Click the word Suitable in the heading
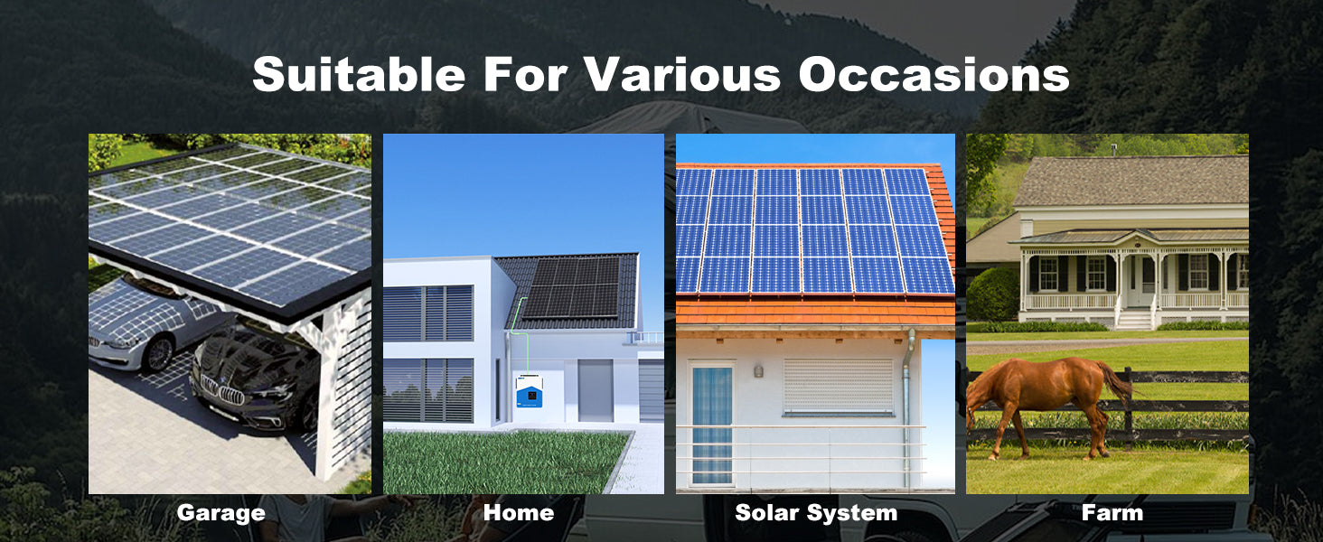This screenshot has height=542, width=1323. pyautogui.click(x=359, y=74)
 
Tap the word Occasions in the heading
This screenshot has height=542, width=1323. pyautogui.click(x=934, y=74)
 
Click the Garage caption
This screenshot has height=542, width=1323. pyautogui.click(x=220, y=513)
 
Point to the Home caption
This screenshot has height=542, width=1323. pyautogui.click(x=519, y=512)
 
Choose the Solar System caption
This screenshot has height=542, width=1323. pyautogui.click(x=816, y=513)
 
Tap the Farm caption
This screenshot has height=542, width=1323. pyautogui.click(x=1112, y=512)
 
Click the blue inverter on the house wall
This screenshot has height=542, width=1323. pyautogui.click(x=530, y=391)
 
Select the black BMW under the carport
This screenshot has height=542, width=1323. pyautogui.click(x=255, y=381)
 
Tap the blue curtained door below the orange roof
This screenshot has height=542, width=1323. pyautogui.click(x=712, y=425)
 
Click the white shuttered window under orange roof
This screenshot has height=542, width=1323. pyautogui.click(x=838, y=386)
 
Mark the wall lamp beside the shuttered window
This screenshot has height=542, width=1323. pyautogui.click(x=758, y=371)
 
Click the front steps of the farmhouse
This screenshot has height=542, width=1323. pyautogui.click(x=1134, y=320)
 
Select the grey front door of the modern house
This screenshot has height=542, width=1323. pyautogui.click(x=596, y=391)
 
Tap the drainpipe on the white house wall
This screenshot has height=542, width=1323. pyautogui.click(x=907, y=407)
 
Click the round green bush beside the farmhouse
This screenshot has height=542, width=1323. pyautogui.click(x=992, y=294)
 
